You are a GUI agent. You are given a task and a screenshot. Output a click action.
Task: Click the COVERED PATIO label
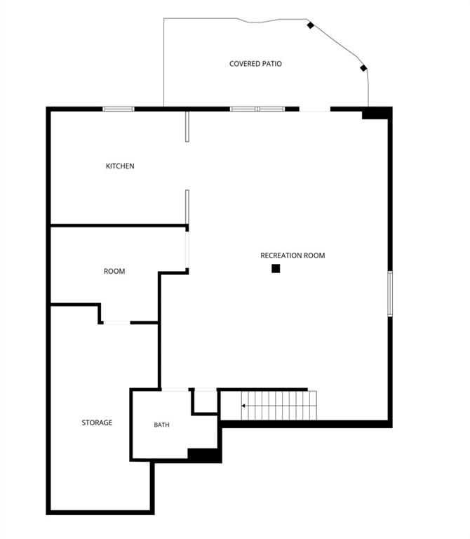point(255,64)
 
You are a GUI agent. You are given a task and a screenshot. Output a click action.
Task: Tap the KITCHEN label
point(120,166)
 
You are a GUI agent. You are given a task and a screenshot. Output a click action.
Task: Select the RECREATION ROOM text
point(293,255)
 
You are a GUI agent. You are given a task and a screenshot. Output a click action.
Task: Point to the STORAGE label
point(97,422)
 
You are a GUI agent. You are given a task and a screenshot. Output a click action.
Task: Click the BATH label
point(161,425)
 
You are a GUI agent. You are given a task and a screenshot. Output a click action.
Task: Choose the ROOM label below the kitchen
point(114,271)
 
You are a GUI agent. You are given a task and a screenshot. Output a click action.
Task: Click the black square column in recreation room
point(276,269)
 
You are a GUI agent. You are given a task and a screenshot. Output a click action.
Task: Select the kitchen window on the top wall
point(119,109)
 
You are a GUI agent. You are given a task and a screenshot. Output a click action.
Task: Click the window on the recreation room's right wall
point(390,293)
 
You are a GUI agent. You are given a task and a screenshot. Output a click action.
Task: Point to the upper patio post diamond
point(310,25)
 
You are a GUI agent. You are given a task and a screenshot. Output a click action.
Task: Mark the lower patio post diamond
point(363,68)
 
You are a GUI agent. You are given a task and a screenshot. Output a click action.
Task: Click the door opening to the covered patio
point(315,109)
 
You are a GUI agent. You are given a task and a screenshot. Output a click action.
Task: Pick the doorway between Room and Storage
point(117,322)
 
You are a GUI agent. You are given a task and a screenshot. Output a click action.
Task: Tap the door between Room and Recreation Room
point(187,250)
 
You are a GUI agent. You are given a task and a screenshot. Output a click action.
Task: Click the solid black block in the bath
point(204,455)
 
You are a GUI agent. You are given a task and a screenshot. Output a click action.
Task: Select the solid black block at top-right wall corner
point(377,113)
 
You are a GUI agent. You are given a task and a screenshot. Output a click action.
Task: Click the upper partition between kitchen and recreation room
point(187,126)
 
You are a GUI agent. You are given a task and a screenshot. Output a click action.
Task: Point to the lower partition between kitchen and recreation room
point(187,207)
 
